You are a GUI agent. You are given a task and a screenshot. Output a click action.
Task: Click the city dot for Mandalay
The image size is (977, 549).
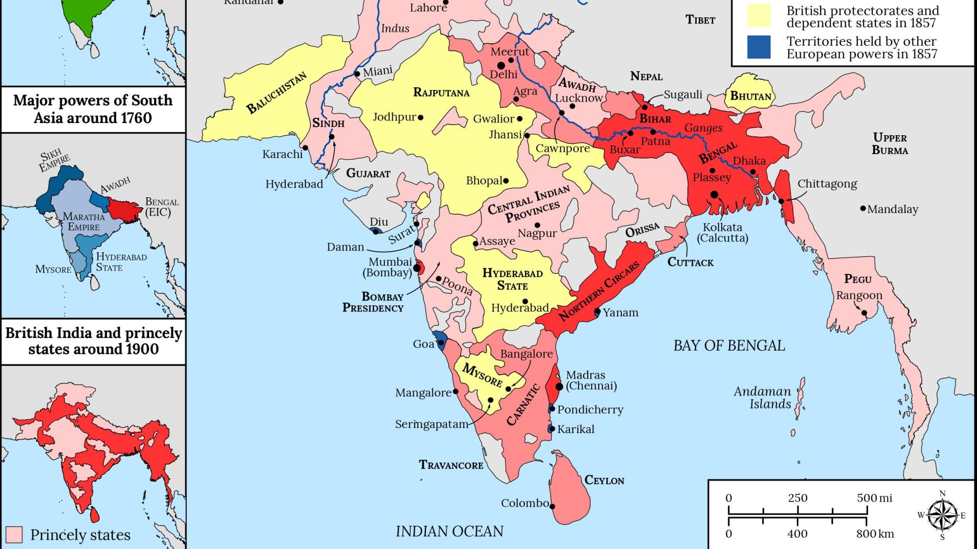863,208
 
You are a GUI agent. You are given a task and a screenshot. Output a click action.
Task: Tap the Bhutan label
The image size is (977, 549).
751,96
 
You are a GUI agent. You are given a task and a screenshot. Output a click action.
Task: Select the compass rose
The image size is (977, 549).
942,515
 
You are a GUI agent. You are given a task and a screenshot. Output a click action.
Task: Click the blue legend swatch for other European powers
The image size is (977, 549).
759,47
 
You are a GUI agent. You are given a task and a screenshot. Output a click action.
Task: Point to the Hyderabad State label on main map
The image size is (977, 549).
512,279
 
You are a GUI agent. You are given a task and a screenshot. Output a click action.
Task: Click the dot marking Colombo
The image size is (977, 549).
552,506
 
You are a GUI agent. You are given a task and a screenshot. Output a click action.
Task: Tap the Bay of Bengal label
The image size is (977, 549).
729,346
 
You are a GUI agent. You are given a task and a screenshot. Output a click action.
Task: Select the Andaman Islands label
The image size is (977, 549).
762,398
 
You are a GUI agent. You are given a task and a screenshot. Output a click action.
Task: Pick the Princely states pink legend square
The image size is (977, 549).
14,535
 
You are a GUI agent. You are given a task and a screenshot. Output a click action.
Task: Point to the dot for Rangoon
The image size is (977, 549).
864,313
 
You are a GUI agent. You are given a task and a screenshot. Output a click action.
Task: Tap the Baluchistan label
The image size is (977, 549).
276,93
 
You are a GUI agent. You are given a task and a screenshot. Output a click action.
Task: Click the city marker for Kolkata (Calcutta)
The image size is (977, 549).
714,195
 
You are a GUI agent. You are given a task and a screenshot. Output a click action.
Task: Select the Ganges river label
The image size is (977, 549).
703,128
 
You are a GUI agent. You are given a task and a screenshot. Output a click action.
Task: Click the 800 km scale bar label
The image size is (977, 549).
875,534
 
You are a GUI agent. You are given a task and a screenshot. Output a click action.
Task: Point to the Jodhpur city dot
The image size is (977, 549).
420,117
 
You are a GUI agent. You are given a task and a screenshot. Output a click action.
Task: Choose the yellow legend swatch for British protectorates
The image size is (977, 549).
759,16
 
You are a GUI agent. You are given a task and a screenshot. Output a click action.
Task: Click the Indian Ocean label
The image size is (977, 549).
449,531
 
